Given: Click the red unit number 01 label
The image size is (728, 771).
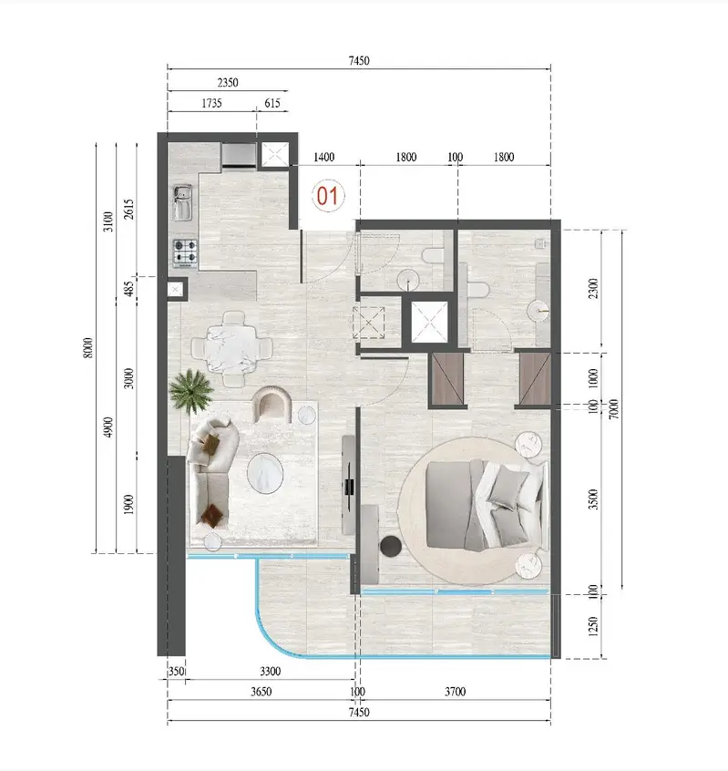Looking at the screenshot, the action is point(327,196).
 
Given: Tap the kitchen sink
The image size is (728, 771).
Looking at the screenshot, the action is point(182,202).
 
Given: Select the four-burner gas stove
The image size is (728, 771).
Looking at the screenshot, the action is point(185,252).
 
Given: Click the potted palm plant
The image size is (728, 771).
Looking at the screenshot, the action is point(190,391).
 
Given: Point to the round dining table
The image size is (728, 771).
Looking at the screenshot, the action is point(231,349).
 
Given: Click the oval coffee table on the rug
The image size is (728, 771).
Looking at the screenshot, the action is point(265,472).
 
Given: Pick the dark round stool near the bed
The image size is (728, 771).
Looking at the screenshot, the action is point(391,546).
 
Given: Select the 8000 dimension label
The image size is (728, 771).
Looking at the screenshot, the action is point(87,347).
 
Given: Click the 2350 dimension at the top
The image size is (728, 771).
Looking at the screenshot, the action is point(228,82).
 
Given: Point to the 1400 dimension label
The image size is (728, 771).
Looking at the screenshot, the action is point(324,157).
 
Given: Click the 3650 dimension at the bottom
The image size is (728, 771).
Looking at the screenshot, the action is point(261,692).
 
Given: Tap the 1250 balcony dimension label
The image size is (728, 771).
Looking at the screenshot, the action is point(593,626).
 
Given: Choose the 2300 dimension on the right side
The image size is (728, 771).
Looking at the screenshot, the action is point(593,288).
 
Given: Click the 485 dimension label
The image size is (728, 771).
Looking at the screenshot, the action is point(128,289).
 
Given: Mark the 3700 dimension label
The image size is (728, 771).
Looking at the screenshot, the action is point(456,692).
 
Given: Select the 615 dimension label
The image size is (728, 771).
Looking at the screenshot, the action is point(272,103).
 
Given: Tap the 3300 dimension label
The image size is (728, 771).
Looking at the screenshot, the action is point(271,671).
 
